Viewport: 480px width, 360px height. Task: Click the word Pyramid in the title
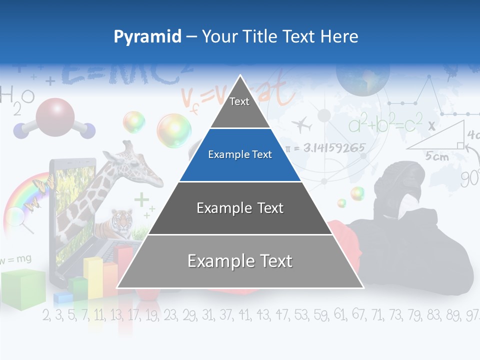[x=147, y=37]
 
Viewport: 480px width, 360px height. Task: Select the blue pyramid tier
[x=240, y=155]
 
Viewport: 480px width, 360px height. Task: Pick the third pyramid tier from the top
[x=240, y=208]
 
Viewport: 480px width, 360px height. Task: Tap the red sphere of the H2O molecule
[x=54, y=117]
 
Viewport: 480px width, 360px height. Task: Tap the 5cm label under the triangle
[x=436, y=156]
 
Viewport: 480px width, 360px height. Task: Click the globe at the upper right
[x=362, y=77]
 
